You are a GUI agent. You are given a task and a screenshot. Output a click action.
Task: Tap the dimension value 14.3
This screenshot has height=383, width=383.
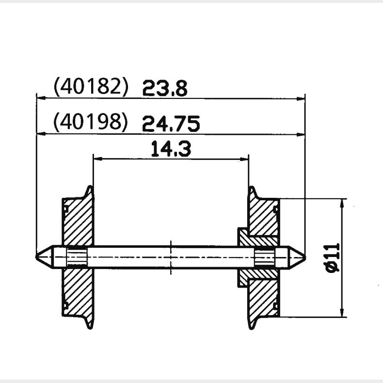170,149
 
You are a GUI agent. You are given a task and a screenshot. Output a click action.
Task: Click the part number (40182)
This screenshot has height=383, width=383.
91,87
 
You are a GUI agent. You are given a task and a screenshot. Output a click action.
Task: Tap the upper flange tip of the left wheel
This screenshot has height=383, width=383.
90,187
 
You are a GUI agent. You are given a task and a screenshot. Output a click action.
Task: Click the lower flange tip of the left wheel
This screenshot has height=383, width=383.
90,327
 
